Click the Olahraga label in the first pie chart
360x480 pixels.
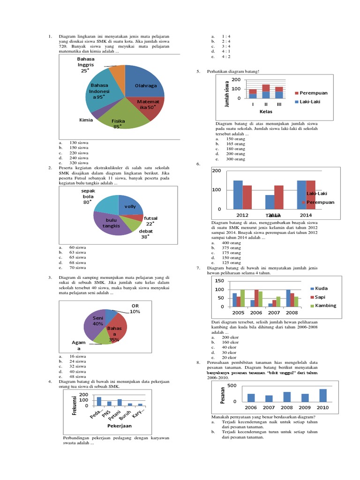pyautogui.click(x=146, y=86)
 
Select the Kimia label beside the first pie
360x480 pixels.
pyautogui.click(x=86, y=120)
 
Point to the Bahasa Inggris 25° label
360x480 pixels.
pyautogui.click(x=86, y=65)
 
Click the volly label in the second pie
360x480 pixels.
pyautogui.click(x=130, y=206)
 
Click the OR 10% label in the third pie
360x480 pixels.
pyautogui.click(x=135, y=308)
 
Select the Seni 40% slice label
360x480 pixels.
pyautogui.click(x=98, y=321)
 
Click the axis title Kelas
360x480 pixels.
pyautogui.click(x=266, y=112)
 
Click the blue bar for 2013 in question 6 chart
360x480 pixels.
pyautogui.click(x=270, y=202)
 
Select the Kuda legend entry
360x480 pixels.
pyautogui.click(x=321, y=288)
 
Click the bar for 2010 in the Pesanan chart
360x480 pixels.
pyautogui.click(x=323, y=396)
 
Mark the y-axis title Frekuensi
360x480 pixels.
pyautogui.click(x=74, y=405)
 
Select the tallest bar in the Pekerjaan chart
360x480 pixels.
pyautogui.click(x=99, y=401)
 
